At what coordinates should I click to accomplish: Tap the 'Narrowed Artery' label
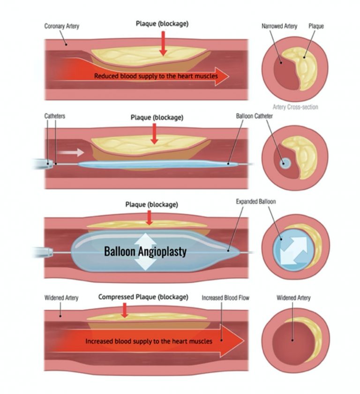click(279, 26)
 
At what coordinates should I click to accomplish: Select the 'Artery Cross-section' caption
click(295, 107)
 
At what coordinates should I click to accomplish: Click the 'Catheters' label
click(55, 116)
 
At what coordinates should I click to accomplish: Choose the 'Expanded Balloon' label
click(256, 201)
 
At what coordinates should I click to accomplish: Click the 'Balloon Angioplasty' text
click(145, 252)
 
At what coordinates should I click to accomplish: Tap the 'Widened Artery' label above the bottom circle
click(293, 297)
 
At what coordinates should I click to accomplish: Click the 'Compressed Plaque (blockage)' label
click(143, 297)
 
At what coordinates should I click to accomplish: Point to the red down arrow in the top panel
click(163, 44)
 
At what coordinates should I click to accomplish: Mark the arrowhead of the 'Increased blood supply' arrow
click(234, 341)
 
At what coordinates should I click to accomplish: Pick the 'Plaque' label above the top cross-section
click(316, 26)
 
